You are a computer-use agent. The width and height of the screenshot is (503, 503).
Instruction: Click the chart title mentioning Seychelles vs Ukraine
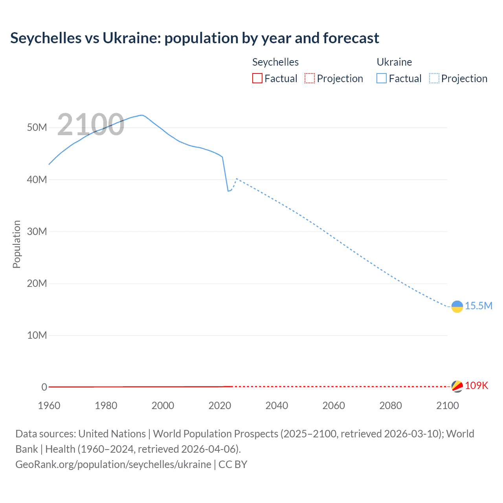[195, 38]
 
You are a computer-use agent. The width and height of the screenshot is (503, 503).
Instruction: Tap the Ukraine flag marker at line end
[457, 307]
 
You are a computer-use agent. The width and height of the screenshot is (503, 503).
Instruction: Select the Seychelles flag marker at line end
[457, 386]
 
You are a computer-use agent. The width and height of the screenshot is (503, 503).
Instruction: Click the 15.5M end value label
[479, 306]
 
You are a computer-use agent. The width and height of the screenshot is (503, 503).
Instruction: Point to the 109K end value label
[476, 386]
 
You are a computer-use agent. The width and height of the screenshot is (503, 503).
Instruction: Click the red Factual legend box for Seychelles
[257, 79]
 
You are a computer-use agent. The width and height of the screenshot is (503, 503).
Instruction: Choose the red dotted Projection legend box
[310, 79]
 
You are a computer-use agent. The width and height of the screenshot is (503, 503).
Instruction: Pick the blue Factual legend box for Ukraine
[382, 79]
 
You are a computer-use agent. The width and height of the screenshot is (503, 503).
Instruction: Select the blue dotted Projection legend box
[434, 79]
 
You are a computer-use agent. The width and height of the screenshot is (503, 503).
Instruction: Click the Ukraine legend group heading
[394, 62]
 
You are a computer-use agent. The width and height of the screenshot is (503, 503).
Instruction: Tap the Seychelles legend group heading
[275, 62]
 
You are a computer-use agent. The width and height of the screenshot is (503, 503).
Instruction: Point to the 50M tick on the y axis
[37, 128]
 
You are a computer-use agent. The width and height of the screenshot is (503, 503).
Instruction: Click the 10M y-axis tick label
[37, 336]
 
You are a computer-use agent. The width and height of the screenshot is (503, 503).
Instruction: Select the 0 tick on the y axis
[44, 387]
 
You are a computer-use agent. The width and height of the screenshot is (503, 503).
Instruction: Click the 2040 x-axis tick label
[277, 406]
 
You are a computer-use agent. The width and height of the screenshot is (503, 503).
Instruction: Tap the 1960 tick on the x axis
[49, 406]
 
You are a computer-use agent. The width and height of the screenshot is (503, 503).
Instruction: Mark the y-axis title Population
[17, 244]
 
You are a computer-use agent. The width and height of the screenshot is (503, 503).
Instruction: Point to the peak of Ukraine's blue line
[141, 115]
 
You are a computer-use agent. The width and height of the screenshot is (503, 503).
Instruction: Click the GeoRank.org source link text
[113, 464]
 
